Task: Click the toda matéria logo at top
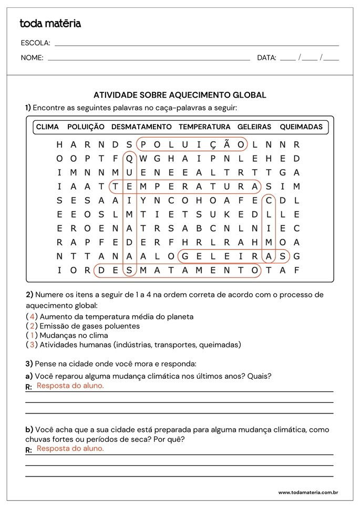[50, 23]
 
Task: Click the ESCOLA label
[35, 43]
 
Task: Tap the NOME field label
[32, 58]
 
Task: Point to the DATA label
[266, 58]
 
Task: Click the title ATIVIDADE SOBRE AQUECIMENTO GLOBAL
[180, 95]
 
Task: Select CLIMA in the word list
[47, 127]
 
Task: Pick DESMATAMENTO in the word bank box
[141, 127]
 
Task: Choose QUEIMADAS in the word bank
[301, 127]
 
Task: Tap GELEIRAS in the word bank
[254, 127]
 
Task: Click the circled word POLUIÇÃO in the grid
[192, 144]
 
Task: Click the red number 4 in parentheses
[32, 317]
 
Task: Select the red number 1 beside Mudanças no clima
[32, 335]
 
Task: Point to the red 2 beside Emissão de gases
[32, 326]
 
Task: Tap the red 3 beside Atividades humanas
[32, 345]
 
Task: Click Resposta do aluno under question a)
[70, 386]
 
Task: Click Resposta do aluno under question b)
[70, 449]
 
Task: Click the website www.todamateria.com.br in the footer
[307, 492]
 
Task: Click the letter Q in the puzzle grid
[129, 158]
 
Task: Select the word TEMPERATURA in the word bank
[204, 127]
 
